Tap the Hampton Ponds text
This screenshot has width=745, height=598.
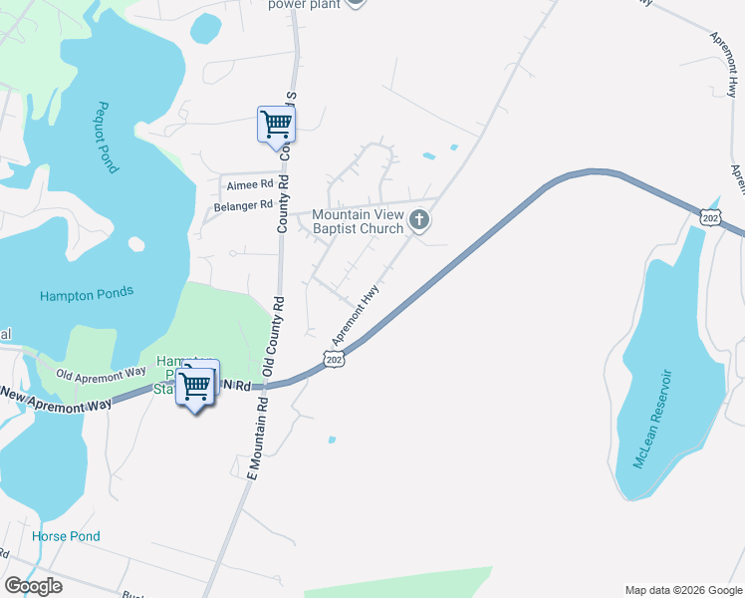pos(87,295)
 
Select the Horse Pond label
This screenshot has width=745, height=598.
pos(66,536)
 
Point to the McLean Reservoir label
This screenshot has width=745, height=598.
pos(653,419)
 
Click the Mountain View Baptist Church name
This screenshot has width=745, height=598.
pos(358,220)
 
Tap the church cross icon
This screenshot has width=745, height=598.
pos(419,220)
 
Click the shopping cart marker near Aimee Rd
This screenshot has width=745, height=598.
pos(276,125)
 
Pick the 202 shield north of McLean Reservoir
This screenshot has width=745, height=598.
pos(709,216)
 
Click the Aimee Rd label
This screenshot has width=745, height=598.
pos(249,184)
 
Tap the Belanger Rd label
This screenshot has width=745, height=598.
pos(243,206)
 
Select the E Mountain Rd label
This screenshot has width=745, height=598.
pos(257,438)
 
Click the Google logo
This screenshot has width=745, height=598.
pos(34,585)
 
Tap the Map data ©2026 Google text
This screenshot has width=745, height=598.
pos(682,590)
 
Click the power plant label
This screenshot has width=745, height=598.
pos(304,4)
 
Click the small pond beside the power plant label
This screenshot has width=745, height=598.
pos(205,27)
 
